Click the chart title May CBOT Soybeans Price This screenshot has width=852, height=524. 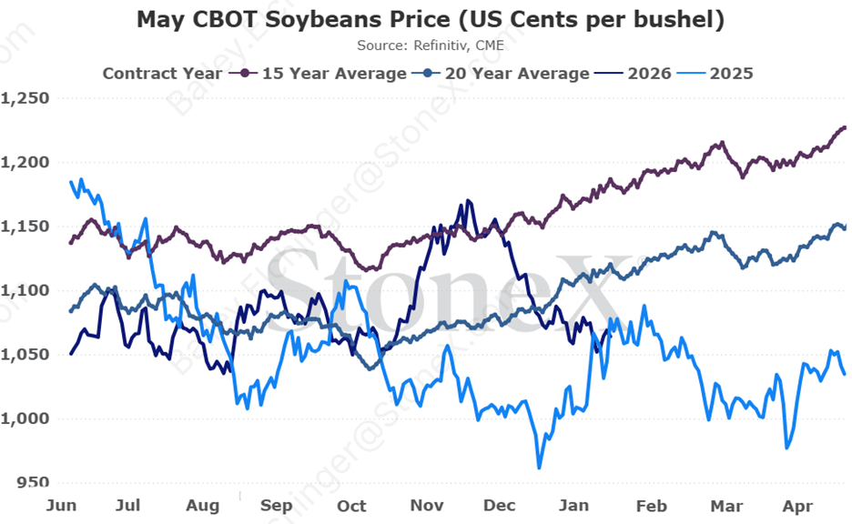coord(431,20)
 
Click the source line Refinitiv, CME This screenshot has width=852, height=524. coord(431,44)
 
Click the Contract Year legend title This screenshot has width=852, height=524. coord(161,73)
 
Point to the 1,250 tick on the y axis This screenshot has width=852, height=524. coord(26,98)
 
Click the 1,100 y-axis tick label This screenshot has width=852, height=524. coord(26,290)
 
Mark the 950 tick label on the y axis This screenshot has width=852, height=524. coord(33,482)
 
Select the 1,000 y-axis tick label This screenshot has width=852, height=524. coord(26,418)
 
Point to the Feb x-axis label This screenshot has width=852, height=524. coord(652,505)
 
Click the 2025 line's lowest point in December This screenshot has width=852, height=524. coord(539,468)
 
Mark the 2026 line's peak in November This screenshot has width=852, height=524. coord(468,201)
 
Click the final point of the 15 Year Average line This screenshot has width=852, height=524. coord(845,127)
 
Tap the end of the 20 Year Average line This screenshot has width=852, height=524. coord(845,227)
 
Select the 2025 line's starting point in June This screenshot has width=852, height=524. coord(71,182)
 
